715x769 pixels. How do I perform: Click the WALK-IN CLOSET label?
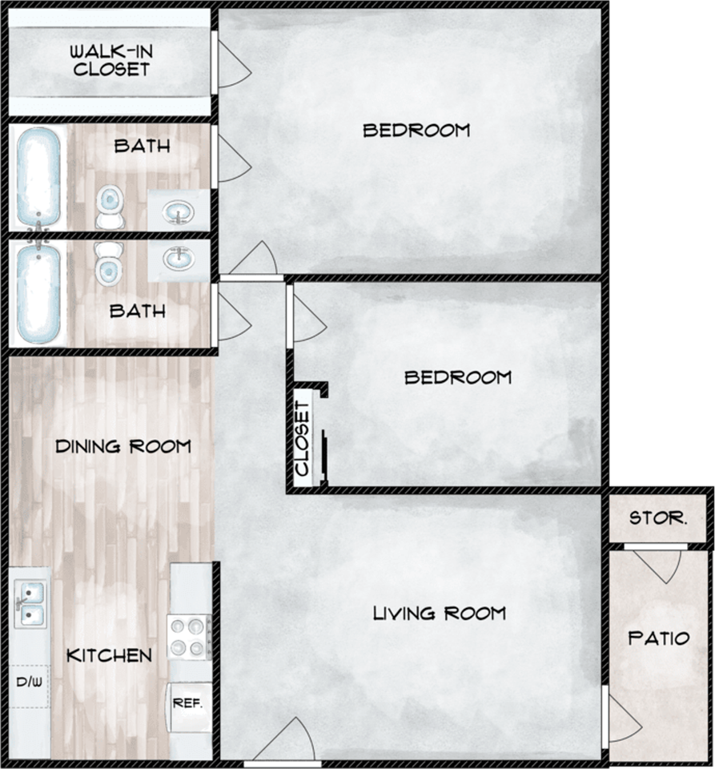pos(110,61)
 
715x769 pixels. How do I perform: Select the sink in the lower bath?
pos(178,259)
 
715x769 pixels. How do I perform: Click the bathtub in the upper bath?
pos(38,177)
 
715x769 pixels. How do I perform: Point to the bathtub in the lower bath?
pos(38,293)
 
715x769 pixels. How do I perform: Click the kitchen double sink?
pos(30,603)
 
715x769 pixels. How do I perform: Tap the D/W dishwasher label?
pos(29,683)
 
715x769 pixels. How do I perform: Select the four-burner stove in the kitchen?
pos(189,636)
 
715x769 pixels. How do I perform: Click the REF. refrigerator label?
pos(189,704)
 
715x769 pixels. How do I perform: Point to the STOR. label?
pos(657,518)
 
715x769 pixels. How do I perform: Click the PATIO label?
pos(658,638)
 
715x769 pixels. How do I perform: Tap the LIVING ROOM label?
pos(439,614)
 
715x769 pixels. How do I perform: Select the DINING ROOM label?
pos(123,446)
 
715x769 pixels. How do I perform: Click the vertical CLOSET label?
pos(303,439)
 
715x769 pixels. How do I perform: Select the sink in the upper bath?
pos(178,212)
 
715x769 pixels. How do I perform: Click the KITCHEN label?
pos(109,655)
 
